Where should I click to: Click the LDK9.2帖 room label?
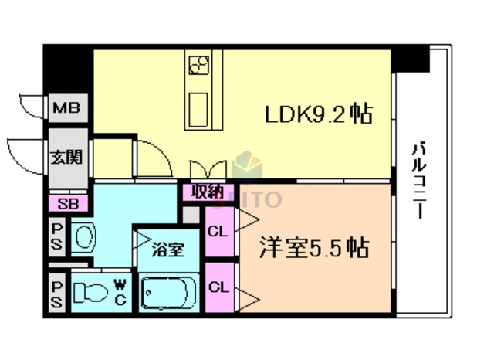click(x=319, y=115)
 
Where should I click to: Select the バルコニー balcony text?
click(x=419, y=181)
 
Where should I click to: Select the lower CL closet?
click(x=218, y=285)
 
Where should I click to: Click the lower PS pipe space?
click(x=57, y=293)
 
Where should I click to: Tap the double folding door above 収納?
click(x=207, y=169)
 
